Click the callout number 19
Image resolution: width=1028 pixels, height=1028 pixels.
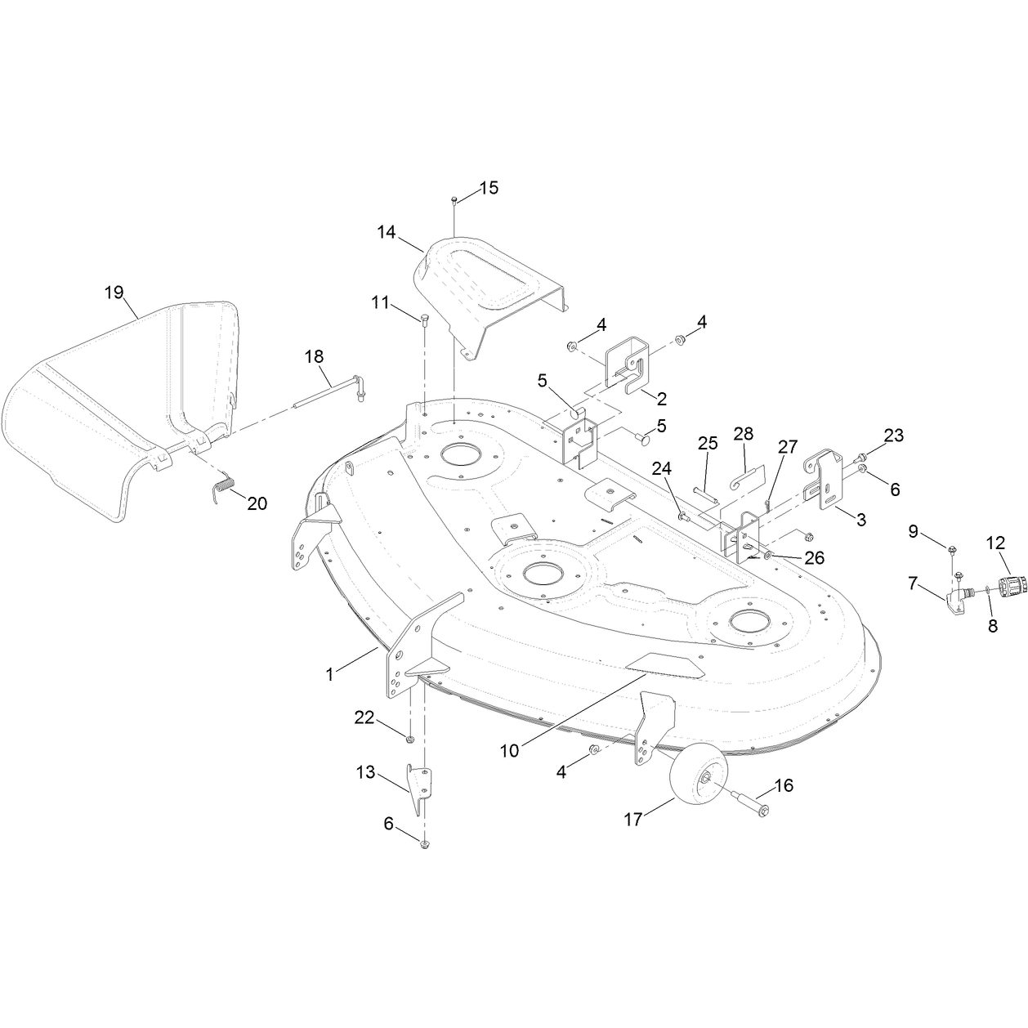pyautogui.click(x=114, y=293)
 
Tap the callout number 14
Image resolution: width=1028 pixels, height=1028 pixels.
pyautogui.click(x=387, y=232)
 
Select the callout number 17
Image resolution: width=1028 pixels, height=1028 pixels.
pyautogui.click(x=633, y=820)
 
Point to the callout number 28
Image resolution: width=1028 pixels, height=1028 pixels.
pyautogui.click(x=743, y=434)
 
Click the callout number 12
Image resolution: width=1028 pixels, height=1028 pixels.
pyautogui.click(x=995, y=543)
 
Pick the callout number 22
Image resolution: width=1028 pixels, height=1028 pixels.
pyautogui.click(x=364, y=717)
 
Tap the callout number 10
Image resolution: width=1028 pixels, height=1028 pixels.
pyautogui.click(x=509, y=751)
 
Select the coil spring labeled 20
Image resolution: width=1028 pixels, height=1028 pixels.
pyautogui.click(x=224, y=486)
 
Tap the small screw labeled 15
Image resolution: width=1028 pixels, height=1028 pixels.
pyautogui.click(x=454, y=201)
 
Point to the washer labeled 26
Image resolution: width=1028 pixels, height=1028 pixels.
pyautogui.click(x=766, y=556)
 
